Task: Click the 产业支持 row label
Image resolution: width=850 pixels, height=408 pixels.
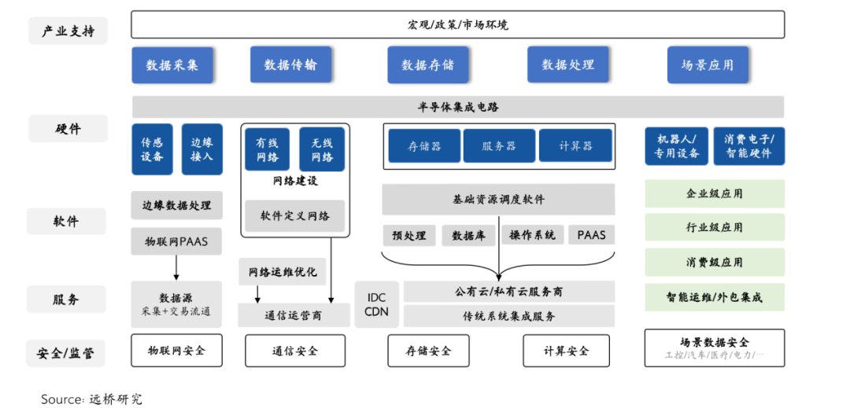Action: [68, 31]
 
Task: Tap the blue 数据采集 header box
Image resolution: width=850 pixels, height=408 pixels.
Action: [172, 65]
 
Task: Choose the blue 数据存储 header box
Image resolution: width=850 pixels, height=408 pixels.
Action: [427, 65]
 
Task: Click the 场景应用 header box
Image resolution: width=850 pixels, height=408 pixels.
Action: [708, 65]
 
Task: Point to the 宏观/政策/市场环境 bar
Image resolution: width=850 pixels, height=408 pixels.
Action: [457, 24]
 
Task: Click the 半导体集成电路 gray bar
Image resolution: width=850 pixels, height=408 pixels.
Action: [457, 107]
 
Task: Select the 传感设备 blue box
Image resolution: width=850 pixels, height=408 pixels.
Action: [152, 149]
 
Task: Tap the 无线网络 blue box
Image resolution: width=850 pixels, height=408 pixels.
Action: [322, 149]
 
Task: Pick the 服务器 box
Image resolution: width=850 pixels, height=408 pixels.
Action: [498, 146]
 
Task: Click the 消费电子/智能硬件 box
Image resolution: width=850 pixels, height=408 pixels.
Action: [748, 146]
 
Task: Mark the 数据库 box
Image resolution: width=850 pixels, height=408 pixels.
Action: [468, 235]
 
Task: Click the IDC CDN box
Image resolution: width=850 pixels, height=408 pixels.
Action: [376, 304]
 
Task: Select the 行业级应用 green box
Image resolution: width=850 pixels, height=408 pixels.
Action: [714, 227]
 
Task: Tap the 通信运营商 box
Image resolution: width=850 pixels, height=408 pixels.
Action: [295, 316]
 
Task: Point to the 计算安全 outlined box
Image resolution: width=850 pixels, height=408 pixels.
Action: [566, 351]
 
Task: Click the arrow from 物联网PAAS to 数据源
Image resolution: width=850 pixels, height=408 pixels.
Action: [176, 267]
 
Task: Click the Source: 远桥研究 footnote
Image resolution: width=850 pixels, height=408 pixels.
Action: [91, 399]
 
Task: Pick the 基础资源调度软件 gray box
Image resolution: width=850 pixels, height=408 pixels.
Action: [498, 200]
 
